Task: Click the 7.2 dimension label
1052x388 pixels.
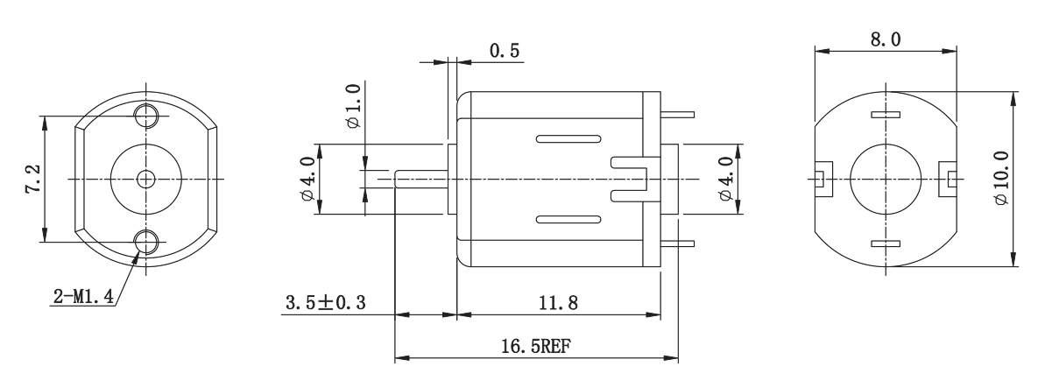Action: [33, 179]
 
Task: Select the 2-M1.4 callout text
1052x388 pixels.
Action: [83, 296]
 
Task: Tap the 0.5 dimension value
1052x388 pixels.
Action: [505, 51]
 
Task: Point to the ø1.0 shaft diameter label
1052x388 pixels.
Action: [353, 106]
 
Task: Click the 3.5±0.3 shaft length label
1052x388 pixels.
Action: [326, 302]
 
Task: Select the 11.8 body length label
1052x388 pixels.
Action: [558, 303]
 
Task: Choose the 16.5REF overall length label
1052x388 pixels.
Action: [536, 347]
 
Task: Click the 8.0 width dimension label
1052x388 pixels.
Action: [886, 39]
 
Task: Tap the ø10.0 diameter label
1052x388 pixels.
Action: [1001, 178]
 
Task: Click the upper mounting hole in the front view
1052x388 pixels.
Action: [146, 115]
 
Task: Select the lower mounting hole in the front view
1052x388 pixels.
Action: [146, 242]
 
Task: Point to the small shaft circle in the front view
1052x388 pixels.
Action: [146, 179]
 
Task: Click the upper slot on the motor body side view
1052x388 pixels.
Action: [568, 139]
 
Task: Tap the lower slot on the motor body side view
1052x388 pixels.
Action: [568, 219]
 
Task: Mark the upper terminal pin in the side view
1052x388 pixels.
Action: [677, 114]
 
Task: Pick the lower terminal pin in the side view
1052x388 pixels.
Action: [677, 243]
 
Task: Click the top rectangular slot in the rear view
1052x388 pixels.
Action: [886, 114]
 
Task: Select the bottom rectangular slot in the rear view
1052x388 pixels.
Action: [886, 243]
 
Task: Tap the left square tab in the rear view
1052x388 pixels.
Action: [823, 179]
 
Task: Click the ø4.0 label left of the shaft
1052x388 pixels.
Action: [308, 179]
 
